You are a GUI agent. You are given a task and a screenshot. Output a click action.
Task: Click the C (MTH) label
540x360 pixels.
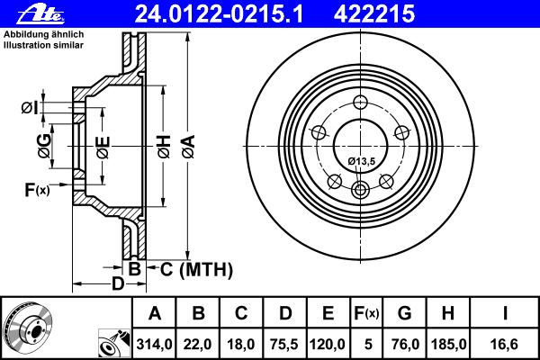click(x=191, y=268)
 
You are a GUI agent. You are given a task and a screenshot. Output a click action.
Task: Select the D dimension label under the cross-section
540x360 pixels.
click(x=116, y=284)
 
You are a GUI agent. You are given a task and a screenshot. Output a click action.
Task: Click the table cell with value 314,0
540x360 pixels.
click(x=155, y=343)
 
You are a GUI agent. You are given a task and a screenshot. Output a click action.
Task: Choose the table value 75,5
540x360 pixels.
click(x=284, y=343)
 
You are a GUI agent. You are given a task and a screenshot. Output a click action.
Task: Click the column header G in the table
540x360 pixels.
click(x=404, y=313)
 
